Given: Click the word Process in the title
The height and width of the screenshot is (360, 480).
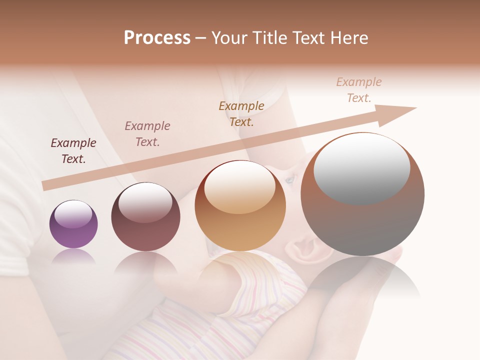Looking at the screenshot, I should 157,38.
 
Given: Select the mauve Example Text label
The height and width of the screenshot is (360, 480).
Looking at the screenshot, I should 147,134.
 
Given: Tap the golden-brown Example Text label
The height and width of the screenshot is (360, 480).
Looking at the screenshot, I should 241,113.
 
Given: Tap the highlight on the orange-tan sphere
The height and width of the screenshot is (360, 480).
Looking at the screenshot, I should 239,187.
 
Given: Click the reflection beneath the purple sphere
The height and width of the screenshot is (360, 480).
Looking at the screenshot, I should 73,257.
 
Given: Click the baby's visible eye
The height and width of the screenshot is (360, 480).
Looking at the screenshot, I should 289,180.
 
